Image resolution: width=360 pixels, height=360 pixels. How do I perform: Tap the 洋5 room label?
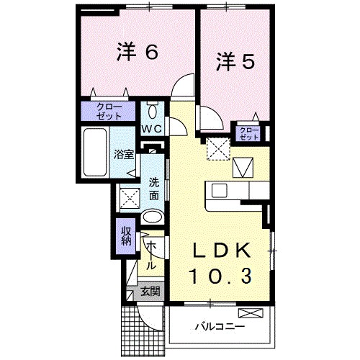click(235, 62)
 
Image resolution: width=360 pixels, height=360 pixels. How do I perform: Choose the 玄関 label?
click(150, 292)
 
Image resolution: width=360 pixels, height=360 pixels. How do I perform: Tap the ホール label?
click(151, 256)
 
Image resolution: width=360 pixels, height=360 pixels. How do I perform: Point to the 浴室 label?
click(123, 153)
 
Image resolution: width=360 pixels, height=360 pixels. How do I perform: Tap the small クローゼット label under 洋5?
click(248, 132)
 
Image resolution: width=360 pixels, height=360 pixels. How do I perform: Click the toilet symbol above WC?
click(153, 112)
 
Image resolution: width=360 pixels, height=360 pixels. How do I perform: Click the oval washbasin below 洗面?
click(152, 217)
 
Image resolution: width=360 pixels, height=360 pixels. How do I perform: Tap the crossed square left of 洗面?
click(129, 195)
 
